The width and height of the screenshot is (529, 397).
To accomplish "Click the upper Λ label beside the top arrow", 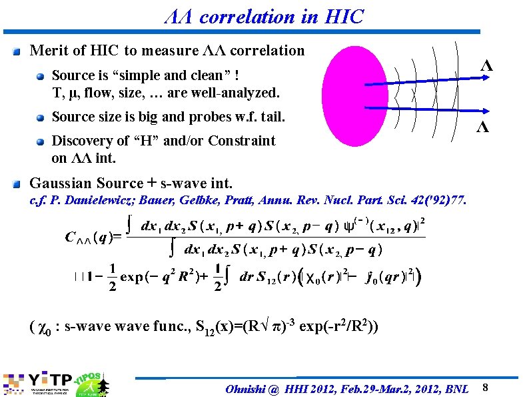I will click(x=487, y=66).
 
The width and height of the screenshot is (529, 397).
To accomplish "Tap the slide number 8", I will click(x=486, y=388).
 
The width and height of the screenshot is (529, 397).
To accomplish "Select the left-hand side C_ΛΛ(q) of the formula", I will click(x=93, y=237).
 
